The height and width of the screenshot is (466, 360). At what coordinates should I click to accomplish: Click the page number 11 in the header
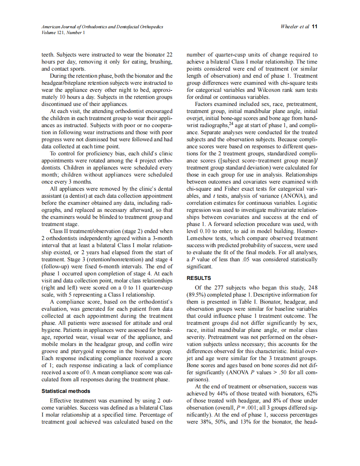click(314, 27)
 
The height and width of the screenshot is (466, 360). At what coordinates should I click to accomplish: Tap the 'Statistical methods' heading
click(66, 391)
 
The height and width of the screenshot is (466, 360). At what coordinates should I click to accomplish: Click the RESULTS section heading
click(199, 278)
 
